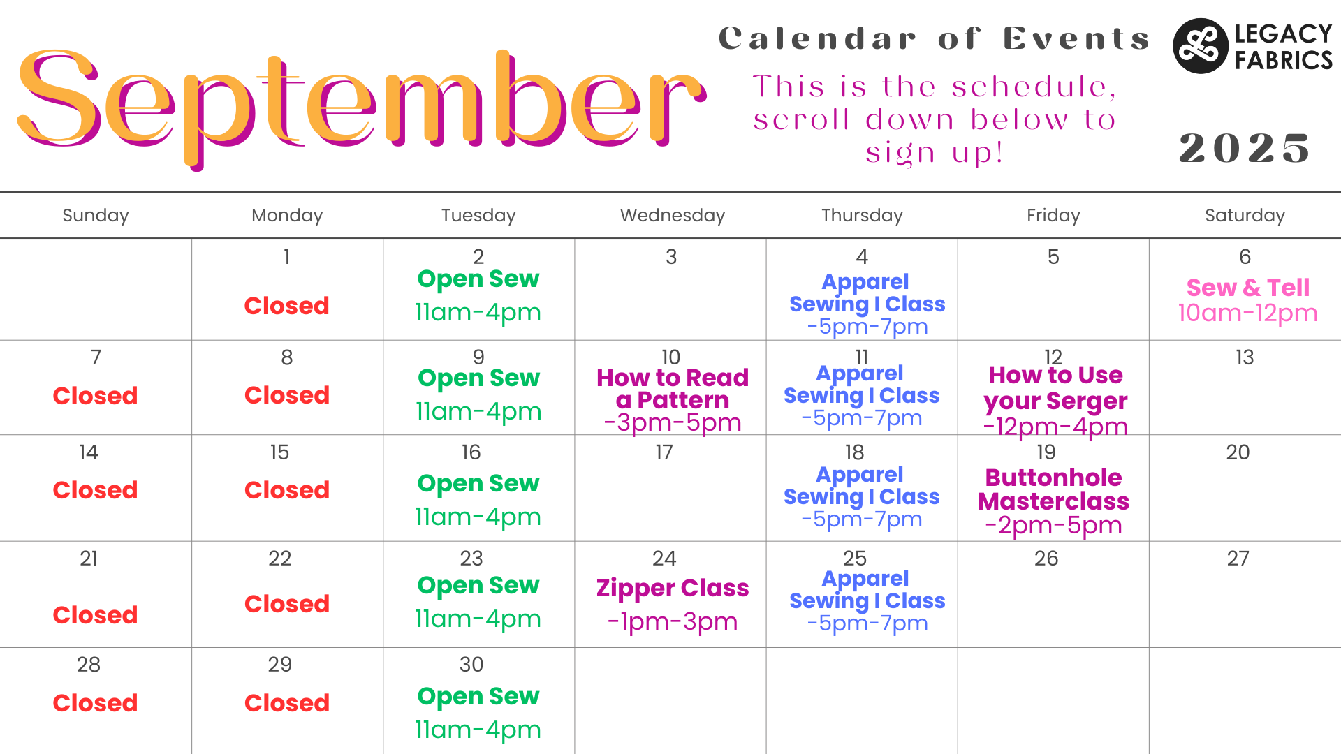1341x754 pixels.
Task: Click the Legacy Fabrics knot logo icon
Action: point(1200,46)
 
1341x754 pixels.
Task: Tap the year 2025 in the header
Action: point(1245,148)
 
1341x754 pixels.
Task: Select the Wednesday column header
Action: point(673,215)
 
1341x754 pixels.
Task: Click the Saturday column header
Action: point(1245,216)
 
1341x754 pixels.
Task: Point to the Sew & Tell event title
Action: point(1248,288)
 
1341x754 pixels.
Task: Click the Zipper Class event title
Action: point(673,589)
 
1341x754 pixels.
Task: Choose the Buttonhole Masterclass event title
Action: point(1053,489)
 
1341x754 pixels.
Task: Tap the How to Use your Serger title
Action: point(1055,388)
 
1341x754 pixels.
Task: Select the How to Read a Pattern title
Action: point(673,389)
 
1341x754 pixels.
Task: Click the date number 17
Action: point(664,452)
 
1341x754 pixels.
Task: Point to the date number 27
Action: point(1238,559)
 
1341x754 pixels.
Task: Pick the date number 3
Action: point(671,257)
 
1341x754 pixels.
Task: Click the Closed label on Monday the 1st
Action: point(286,306)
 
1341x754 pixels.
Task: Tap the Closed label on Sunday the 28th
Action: point(95,703)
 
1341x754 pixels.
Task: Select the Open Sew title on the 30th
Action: point(478,697)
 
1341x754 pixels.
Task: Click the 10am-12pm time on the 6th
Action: point(1247,313)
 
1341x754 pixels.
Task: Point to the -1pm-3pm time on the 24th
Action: point(673,622)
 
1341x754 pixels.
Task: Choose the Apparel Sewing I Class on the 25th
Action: point(867,590)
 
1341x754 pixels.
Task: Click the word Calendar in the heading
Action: point(817,39)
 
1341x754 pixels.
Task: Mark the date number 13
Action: point(1245,357)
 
